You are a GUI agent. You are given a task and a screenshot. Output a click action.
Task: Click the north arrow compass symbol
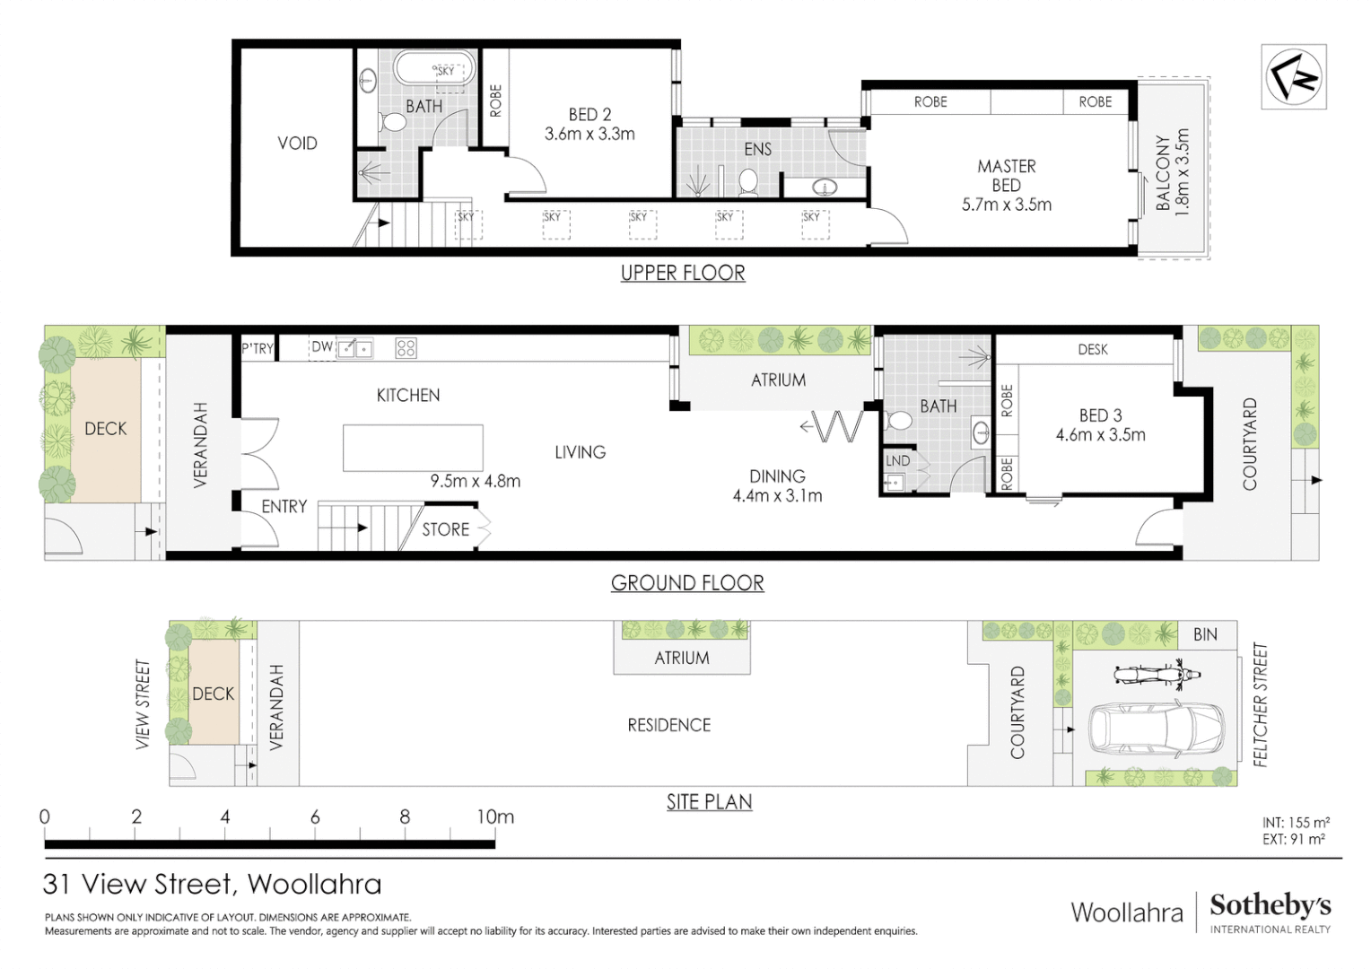[x=1293, y=77]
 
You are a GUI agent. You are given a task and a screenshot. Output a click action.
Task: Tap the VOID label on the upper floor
[x=297, y=144]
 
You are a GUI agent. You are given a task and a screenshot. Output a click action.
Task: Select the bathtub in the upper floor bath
[x=434, y=69]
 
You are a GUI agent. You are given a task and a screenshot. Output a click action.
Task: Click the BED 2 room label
[x=589, y=115]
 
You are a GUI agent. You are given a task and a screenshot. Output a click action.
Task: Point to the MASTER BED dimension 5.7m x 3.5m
[x=1006, y=205]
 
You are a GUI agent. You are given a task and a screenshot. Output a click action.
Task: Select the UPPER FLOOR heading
[x=683, y=273]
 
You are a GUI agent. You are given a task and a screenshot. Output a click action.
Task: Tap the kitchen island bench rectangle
[x=413, y=448]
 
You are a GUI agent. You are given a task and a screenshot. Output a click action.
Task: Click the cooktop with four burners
[x=406, y=348]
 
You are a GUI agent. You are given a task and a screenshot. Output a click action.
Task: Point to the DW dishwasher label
[x=322, y=347]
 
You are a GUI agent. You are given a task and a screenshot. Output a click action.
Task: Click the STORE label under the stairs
[x=446, y=529]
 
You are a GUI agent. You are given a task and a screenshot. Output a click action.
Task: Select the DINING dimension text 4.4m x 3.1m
[x=777, y=495]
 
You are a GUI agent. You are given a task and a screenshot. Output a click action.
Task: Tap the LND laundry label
[x=898, y=461]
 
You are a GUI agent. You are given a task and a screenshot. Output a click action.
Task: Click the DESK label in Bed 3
[x=1092, y=350]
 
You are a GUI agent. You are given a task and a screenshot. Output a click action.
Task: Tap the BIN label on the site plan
[x=1205, y=635]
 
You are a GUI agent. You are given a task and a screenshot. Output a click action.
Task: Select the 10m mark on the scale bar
[x=495, y=817]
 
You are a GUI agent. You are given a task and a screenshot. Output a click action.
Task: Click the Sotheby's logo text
[x=1270, y=905]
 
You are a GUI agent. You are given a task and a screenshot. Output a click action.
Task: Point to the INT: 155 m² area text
[x=1295, y=823]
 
